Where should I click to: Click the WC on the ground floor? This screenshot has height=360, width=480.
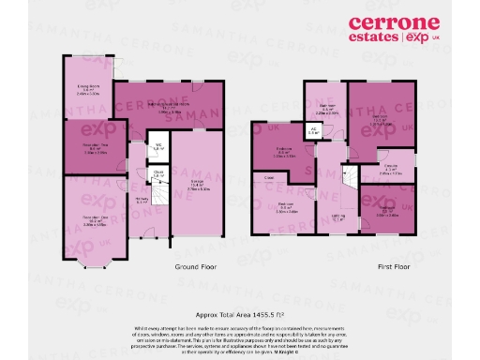point(158,147)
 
